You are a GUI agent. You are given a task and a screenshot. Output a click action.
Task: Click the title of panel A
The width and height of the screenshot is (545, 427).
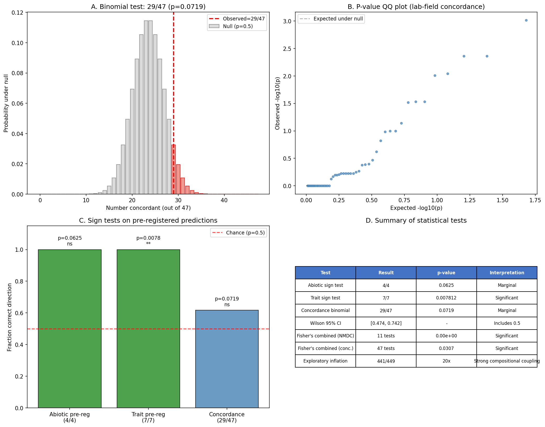pyautogui.click(x=148, y=7)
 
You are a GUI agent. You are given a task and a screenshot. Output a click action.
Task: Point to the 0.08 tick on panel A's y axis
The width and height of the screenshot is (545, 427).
pyautogui.click(x=17, y=73)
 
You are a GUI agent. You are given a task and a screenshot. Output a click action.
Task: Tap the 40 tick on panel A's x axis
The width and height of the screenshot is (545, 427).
pyautogui.click(x=224, y=200)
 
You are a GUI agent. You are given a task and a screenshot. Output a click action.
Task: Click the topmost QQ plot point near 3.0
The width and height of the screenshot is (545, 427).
pyautogui.click(x=526, y=20)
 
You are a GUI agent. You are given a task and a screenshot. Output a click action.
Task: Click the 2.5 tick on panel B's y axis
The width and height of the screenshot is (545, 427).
pyautogui.click(x=287, y=49)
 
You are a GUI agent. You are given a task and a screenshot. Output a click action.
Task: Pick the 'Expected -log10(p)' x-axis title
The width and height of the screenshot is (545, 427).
pyautogui.click(x=416, y=208)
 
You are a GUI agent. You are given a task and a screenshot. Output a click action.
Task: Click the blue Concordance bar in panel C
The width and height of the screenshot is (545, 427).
pyautogui.click(x=227, y=359)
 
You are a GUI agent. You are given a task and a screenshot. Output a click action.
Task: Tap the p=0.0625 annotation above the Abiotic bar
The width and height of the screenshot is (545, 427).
pyautogui.click(x=70, y=238)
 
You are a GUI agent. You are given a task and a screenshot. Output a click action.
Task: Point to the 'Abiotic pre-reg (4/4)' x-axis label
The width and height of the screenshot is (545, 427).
pyautogui.click(x=70, y=417)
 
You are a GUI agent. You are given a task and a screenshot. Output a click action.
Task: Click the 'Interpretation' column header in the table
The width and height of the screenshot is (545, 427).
pyautogui.click(x=507, y=273)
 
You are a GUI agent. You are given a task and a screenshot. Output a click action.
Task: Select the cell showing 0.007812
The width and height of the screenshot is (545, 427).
pyautogui.click(x=446, y=298)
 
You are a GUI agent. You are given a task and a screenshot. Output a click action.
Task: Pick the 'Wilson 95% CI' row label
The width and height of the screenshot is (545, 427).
pyautogui.click(x=325, y=323)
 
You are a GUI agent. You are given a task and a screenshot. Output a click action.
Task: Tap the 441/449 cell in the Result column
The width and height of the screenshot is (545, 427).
pyautogui.click(x=386, y=361)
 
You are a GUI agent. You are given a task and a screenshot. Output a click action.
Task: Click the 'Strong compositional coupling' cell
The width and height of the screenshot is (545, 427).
pyautogui.click(x=507, y=361)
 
